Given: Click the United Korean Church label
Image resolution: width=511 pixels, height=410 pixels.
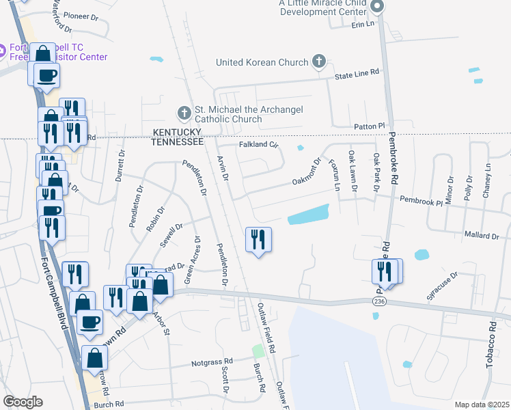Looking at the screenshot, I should point(262,63).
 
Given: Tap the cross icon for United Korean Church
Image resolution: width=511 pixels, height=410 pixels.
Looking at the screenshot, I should point(318,62).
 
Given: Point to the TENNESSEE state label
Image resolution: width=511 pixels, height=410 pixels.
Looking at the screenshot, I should point(178,141).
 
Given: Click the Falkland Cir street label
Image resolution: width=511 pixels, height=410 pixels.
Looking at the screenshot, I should point(259,145).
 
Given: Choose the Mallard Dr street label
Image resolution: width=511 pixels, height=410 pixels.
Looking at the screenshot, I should point(480,236).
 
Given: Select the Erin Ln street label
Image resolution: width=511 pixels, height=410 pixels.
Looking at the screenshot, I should point(363,24).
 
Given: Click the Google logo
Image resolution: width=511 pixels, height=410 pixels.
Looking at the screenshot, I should point(23,402).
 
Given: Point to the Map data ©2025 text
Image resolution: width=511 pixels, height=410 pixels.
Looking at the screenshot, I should point(482,405).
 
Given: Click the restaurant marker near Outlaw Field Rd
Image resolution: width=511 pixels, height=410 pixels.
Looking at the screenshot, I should point(258,240).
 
